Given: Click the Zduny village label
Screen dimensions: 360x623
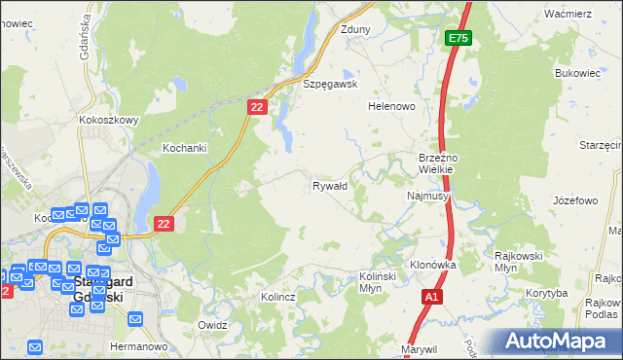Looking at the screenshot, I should (355, 30).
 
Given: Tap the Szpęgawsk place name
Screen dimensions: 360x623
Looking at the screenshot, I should (331, 85).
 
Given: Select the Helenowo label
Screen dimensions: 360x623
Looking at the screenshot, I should (391, 106).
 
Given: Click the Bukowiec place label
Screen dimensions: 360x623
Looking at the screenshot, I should (576, 73).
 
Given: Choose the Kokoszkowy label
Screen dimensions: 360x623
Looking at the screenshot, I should (109, 121).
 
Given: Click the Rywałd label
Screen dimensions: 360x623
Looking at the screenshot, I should (330, 185).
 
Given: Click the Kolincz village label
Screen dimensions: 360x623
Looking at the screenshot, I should (277, 297).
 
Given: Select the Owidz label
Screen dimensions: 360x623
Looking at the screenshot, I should (211, 325).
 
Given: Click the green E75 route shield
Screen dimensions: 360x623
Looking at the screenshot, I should (458, 38).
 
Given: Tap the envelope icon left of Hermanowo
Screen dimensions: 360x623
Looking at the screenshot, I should (36, 346).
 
